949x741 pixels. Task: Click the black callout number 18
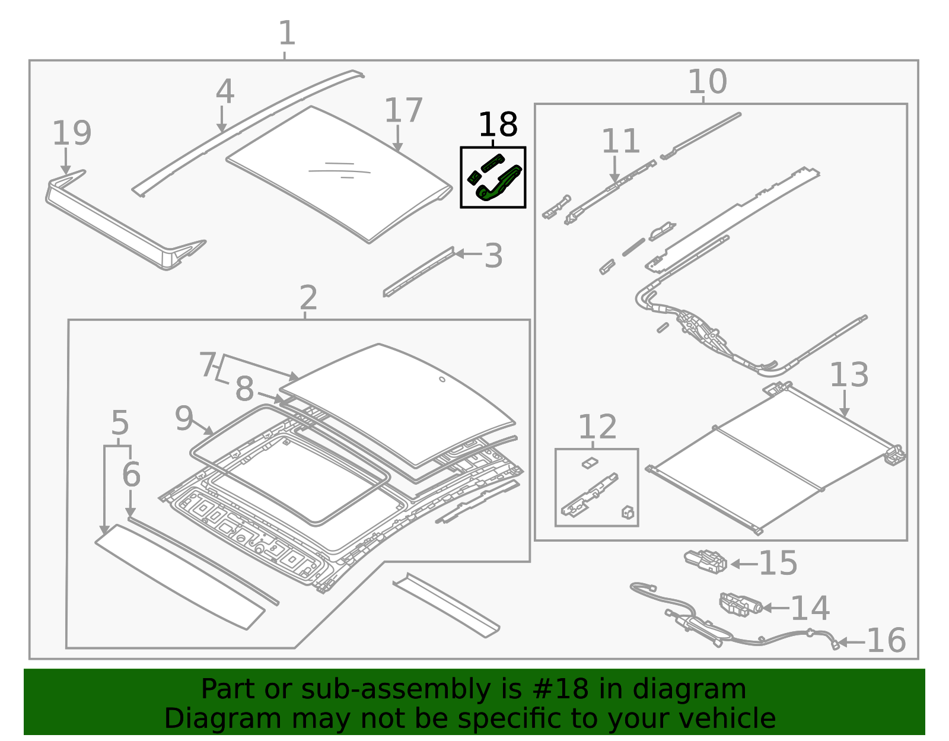(498, 125)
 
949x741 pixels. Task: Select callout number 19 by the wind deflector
(72, 133)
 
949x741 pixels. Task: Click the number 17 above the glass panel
(403, 110)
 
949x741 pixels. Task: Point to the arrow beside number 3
(467, 254)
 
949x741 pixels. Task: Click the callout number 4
(225, 92)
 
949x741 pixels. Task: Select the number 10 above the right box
(707, 82)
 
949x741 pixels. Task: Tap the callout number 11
(620, 142)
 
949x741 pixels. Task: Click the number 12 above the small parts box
(597, 427)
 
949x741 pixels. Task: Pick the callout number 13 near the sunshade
(849, 375)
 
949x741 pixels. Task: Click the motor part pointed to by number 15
(706, 561)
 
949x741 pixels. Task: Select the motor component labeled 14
(740, 605)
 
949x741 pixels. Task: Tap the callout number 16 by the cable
(886, 641)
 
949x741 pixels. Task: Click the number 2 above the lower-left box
(308, 298)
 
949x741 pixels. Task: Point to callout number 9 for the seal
(184, 419)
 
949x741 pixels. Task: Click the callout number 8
(244, 390)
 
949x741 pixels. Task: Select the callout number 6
(131, 474)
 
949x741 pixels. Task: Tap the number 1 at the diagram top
(287, 33)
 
